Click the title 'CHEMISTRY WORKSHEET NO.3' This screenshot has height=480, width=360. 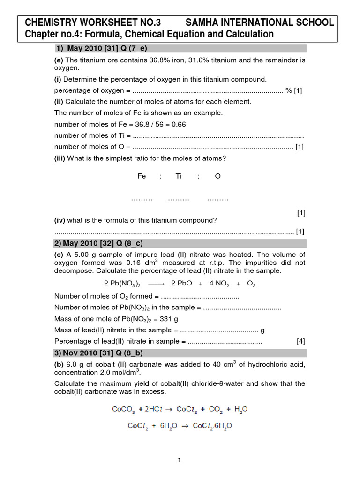tap(92, 22)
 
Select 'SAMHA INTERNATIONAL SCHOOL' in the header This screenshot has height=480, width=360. tap(260, 22)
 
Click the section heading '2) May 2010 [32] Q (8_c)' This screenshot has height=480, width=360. tap(108, 243)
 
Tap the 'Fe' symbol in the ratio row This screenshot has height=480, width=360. tap(142, 176)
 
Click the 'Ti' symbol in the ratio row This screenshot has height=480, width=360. tap(179, 176)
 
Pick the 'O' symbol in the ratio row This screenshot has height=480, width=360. tap(217, 176)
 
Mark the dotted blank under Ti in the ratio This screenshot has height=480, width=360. tap(179, 199)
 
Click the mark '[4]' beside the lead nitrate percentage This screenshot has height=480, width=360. tap(301, 341)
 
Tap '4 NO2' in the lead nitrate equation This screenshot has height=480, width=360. tap(218, 284)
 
